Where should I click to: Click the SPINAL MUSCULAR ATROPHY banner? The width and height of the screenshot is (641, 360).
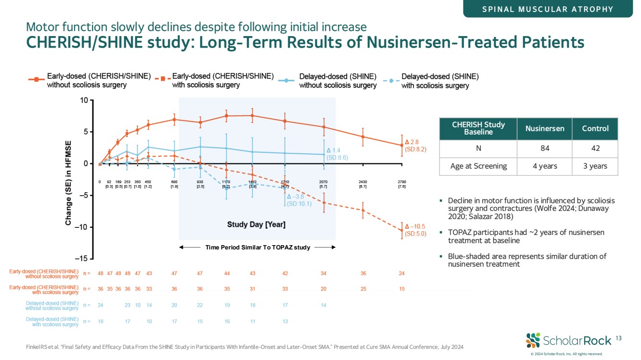[x=548, y=9]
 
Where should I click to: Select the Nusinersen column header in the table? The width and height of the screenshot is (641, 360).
[x=541, y=128]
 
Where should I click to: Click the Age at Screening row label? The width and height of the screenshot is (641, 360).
[x=478, y=166]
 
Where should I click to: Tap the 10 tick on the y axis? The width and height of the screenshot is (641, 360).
[x=84, y=100]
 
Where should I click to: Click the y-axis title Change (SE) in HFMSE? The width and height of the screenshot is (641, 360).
[x=68, y=183]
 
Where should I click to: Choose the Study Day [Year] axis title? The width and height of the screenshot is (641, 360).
[x=256, y=224]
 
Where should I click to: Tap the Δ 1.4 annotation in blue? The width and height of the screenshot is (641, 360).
[x=337, y=154]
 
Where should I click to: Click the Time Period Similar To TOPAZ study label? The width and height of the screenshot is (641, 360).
[x=257, y=248]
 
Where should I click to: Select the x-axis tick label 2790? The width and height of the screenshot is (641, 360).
[x=402, y=182]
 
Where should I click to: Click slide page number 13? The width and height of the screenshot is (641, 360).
[x=618, y=339]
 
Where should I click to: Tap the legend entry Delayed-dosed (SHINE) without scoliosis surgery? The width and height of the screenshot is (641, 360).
[x=338, y=81]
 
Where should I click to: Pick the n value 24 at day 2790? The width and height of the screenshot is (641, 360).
[x=402, y=273]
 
